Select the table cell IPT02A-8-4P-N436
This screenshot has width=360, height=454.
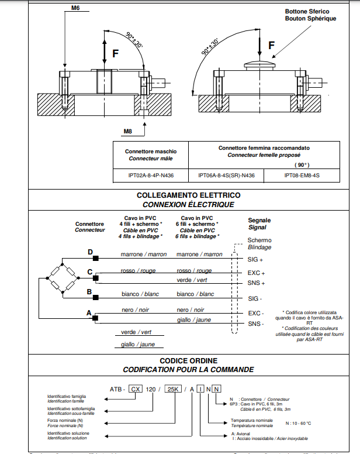coord(150,174)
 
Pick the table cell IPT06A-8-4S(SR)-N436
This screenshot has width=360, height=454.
coord(226,174)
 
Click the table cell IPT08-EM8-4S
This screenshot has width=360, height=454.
coord(302,174)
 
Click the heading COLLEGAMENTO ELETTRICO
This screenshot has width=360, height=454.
coord(188,195)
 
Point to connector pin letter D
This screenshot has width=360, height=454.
coord(90,252)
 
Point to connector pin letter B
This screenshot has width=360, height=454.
coord(89,291)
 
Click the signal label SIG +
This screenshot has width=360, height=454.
coord(255,259)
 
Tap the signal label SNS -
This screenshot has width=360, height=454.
coord(255,324)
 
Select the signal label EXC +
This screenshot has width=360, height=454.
coord(256,273)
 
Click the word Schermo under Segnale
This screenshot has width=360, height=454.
coord(259,240)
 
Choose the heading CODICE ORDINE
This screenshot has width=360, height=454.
coord(188,361)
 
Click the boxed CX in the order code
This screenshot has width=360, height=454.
coord(136,388)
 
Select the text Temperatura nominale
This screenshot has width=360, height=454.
coord(251,420)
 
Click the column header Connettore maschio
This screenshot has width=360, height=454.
coord(150,151)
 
